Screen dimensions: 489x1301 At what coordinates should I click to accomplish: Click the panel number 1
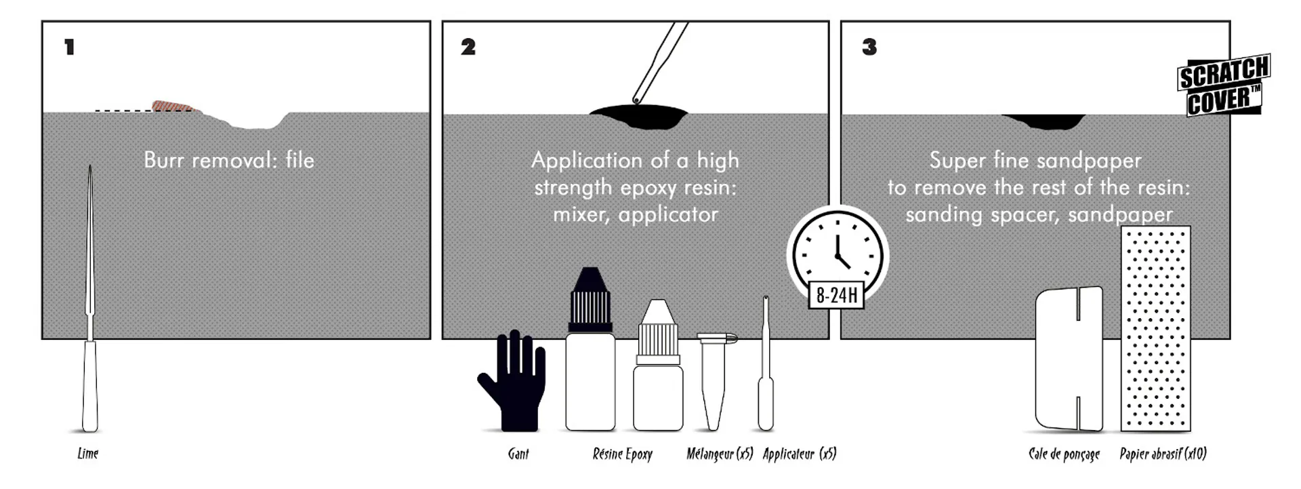pos(69,47)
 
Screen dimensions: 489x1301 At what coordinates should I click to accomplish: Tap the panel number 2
pos(468,47)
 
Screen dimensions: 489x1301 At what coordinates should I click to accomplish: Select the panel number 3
pos(869,47)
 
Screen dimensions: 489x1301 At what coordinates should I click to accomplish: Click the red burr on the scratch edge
pos(172,106)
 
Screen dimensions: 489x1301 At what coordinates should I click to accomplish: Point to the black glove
pos(515,383)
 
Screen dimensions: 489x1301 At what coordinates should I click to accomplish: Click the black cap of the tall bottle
pos(590,299)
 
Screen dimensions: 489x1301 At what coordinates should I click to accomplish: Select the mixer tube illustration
pos(714,380)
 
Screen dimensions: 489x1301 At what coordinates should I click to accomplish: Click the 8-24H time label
pos(836,295)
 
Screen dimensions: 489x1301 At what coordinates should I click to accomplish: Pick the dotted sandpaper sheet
pos(1155,328)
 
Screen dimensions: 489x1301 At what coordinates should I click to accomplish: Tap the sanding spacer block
pos(1069,359)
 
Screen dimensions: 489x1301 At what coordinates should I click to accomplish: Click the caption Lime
pos(87,454)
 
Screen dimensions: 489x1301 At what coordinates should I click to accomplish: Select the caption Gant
pos(518,454)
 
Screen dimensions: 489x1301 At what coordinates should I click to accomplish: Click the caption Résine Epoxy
pos(622,454)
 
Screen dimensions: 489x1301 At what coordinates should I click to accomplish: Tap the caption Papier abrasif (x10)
pos(1163,454)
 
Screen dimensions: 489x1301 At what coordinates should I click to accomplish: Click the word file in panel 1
pos(300,160)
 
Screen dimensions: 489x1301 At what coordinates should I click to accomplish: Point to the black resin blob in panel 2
pos(638,116)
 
